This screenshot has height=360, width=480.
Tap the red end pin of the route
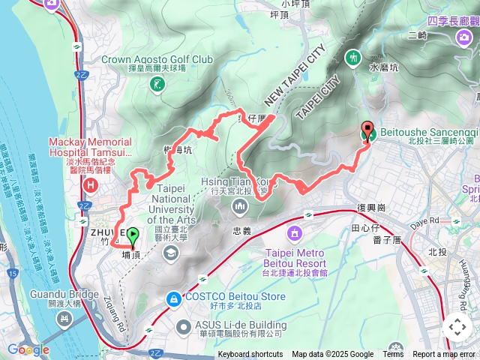[x=367, y=130]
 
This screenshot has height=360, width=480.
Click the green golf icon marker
[x=156, y=85]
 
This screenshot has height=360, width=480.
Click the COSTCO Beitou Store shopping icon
[x=174, y=298]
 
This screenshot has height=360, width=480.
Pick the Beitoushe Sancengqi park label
[x=428, y=131]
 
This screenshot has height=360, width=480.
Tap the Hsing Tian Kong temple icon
[x=239, y=205]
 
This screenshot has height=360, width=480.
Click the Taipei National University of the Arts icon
[x=170, y=250]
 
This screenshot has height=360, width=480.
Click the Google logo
[x=28, y=349]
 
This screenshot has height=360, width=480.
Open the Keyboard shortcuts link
[x=250, y=355]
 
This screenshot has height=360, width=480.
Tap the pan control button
[x=457, y=327]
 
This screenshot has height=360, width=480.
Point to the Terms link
[x=393, y=355]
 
